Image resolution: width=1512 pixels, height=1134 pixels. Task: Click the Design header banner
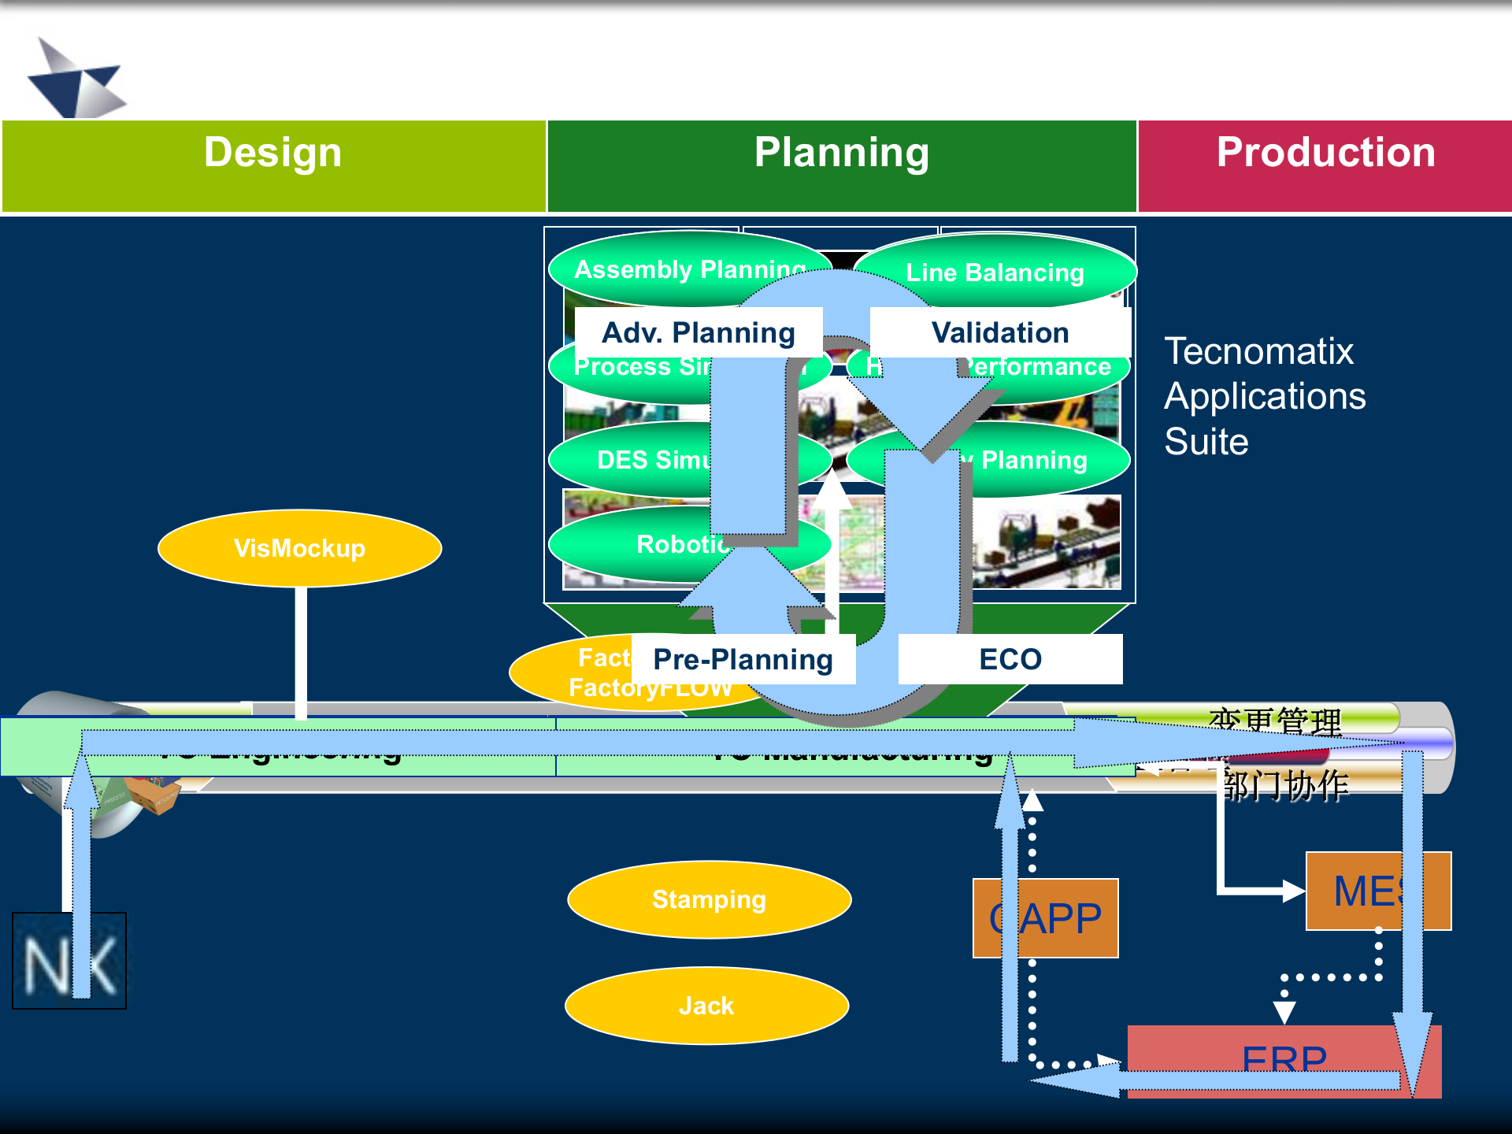coord(273,165)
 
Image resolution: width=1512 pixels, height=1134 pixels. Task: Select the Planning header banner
coord(841,165)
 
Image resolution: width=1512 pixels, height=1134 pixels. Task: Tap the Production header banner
coord(1325,165)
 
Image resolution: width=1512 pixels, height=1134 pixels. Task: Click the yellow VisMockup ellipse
coord(299,548)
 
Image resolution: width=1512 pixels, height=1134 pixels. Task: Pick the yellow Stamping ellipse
coord(709,899)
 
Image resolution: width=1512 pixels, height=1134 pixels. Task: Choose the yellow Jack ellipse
coord(706,1006)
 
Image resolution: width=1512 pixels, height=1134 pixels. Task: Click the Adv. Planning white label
coord(699,332)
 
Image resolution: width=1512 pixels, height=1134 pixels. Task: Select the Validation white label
coord(1000,332)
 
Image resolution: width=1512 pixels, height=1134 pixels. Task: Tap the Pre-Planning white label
coord(743,659)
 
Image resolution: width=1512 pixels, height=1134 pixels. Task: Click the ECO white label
coord(1010,659)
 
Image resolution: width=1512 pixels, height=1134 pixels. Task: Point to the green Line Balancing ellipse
coord(995,272)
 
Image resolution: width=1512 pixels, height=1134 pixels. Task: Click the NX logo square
coord(69,961)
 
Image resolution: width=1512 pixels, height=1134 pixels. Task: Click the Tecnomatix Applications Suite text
coord(1265,396)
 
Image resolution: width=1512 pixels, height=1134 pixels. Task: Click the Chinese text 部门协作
coord(1285,785)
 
